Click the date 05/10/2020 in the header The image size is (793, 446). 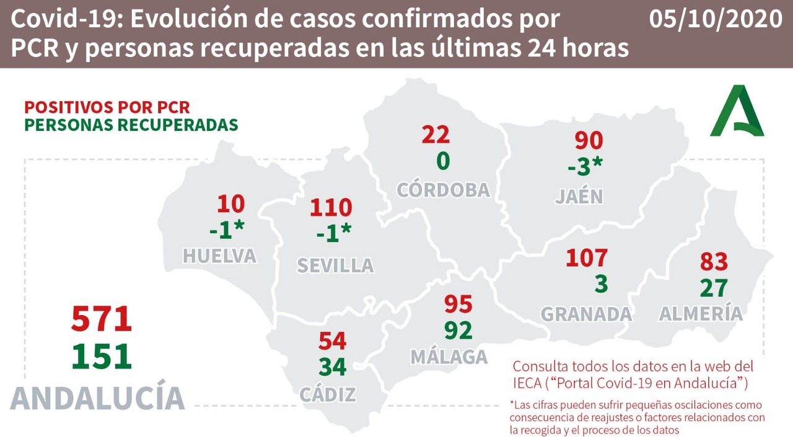pos(716,19)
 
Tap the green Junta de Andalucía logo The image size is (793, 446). pos(737,112)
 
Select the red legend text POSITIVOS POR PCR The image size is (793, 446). pos(107,107)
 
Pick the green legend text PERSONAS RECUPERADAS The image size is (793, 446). pos(131,125)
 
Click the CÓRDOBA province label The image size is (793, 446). pos(443,190)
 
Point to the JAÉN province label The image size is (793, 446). pos(579,197)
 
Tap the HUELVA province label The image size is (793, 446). pos(219,256)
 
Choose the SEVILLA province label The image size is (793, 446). pos(335,265)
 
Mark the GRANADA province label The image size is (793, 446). pos(586,314)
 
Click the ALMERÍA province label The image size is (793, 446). pos(701,314)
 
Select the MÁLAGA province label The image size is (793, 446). pos(449,357)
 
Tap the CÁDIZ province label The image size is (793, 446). pos(328,395)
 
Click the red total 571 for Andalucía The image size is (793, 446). pos(102,319)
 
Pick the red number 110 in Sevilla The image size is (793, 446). pos(331,208)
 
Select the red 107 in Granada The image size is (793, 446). pos(586,257)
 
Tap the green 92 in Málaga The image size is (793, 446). pos(458,330)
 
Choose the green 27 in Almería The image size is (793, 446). pos(713,288)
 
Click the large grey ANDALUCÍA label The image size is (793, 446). pos(97,398)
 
